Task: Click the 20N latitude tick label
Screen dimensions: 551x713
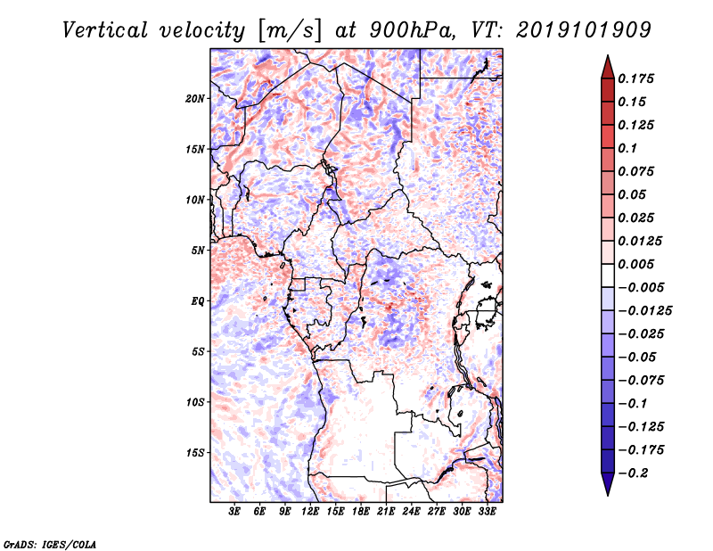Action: tap(195, 98)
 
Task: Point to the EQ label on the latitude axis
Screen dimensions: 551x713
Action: tap(197, 301)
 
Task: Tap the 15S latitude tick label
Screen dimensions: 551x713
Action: tap(195, 453)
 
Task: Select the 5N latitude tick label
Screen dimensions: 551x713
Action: tap(198, 251)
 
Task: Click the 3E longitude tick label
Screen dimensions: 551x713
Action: tap(235, 513)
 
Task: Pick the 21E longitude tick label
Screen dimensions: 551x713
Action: tap(386, 513)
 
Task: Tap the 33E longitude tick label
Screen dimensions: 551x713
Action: tap(487, 513)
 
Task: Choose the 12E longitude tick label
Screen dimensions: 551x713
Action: tap(310, 513)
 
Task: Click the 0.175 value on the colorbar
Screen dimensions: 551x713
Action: tap(637, 78)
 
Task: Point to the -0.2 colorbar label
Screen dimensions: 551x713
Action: tap(634, 473)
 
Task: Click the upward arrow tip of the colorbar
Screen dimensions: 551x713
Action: tap(606, 58)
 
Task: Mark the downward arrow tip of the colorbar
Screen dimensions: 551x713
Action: tap(606, 492)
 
